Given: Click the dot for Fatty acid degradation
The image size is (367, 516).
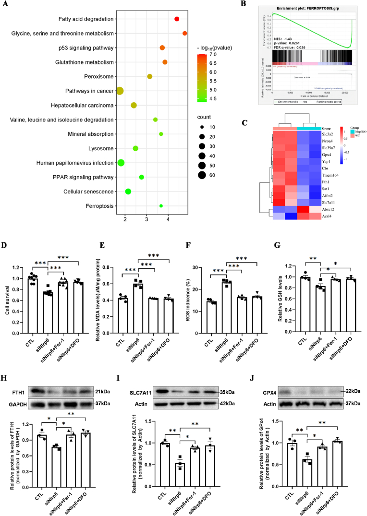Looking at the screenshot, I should click(x=177, y=19).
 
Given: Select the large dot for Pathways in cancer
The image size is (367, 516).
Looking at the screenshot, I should click(x=120, y=91).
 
